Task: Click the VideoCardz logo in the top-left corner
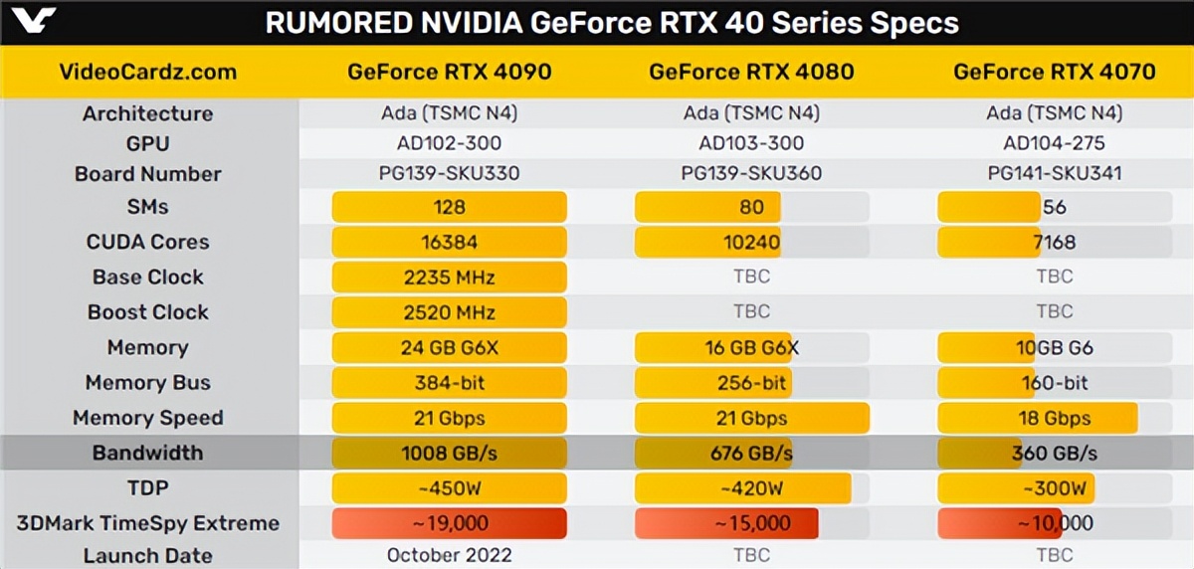29,20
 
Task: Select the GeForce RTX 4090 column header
449,72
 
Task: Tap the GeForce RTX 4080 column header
751,72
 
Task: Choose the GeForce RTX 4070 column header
1054,72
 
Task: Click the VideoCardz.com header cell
148,72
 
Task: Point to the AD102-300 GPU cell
449,143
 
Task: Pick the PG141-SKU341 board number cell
1054,173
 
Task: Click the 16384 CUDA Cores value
449,242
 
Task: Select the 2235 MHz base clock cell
449,277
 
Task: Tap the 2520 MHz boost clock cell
449,312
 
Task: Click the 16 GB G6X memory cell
751,347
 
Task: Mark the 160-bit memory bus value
1054,383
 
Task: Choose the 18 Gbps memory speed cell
1054,418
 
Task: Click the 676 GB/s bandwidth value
751,454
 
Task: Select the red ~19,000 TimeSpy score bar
449,523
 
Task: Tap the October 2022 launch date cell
449,555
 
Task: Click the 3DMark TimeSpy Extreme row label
148,523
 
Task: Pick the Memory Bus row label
148,383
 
